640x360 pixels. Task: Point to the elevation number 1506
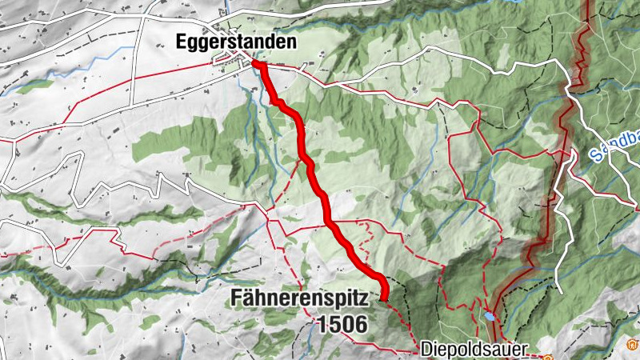pyautogui.click(x=342, y=324)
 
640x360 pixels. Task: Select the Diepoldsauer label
pyautogui.click(x=474, y=349)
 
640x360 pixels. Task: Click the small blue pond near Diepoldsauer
pyautogui.click(x=488, y=316)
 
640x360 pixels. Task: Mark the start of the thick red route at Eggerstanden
pyautogui.click(x=256, y=62)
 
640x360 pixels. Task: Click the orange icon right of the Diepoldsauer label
pyautogui.click(x=547, y=356)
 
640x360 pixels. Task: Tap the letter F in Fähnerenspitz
pyautogui.click(x=236, y=299)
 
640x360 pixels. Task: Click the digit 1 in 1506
pyautogui.click(x=321, y=324)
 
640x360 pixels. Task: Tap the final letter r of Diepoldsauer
pyautogui.click(x=525, y=350)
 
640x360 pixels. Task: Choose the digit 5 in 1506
pyautogui.click(x=334, y=324)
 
